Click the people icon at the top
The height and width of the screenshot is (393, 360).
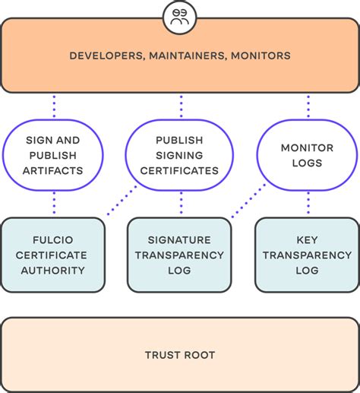pos(180,16)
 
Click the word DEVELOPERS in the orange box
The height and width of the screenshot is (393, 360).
pos(102,55)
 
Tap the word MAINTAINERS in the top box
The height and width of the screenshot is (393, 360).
pos(184,55)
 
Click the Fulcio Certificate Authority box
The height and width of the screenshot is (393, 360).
pos(53,255)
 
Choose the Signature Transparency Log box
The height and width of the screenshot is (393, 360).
pos(180,255)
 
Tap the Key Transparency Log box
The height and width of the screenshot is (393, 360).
pos(307,255)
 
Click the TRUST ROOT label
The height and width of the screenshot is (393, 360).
pos(180,355)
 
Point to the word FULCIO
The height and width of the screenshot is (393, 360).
pos(53,239)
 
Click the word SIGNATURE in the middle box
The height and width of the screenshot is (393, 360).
pos(180,239)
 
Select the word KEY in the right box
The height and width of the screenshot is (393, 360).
pos(307,239)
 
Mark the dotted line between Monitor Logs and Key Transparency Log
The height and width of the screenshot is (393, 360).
pos(308,203)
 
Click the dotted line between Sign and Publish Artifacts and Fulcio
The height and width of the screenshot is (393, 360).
pos(54,203)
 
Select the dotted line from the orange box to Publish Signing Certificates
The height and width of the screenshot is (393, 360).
pos(181,106)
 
